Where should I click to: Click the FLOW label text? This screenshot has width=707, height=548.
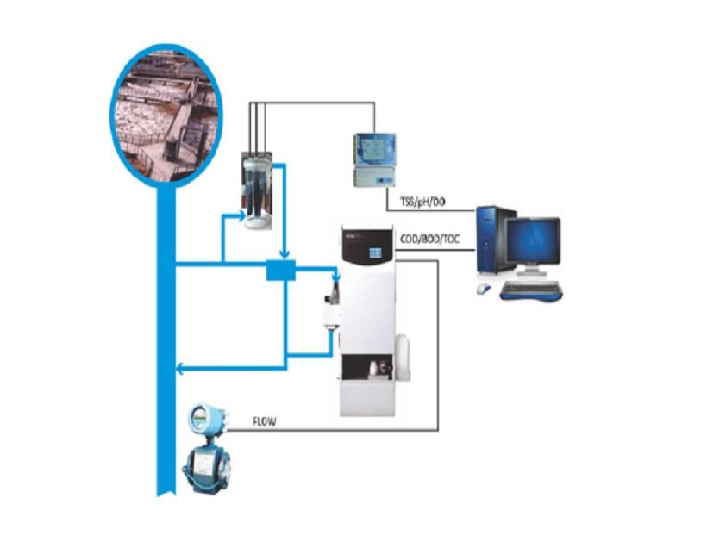click(x=264, y=422)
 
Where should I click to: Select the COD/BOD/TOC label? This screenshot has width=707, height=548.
click(x=431, y=239)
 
